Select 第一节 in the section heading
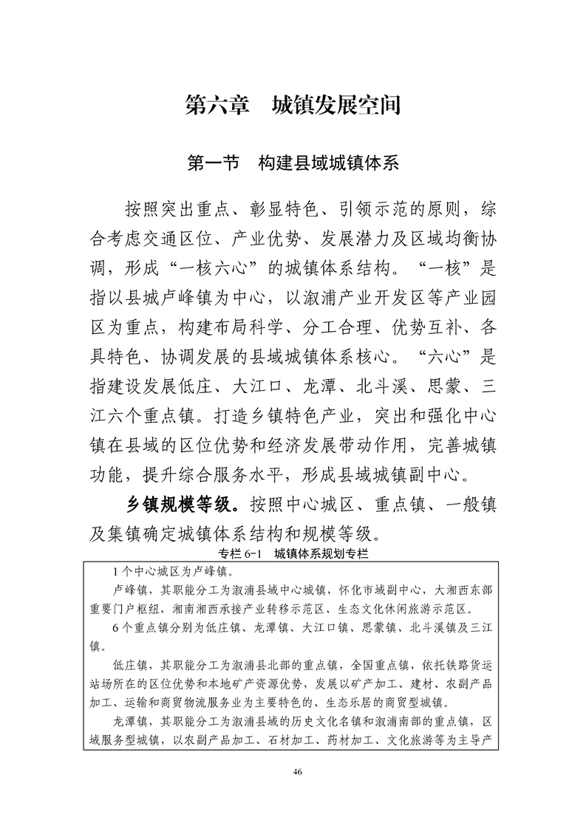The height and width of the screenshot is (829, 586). pyautogui.click(x=214, y=163)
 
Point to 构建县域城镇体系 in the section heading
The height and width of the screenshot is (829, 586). pyautogui.click(x=328, y=163)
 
